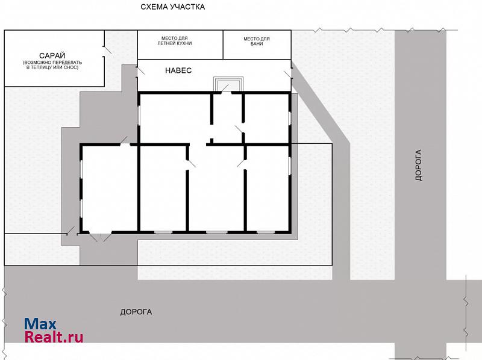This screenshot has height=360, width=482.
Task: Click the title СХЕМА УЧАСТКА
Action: (172, 7)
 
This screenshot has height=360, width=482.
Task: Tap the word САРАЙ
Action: (52, 55)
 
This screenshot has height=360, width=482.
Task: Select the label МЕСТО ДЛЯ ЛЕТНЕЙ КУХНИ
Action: (175, 41)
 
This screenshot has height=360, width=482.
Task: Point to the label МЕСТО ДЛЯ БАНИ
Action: (257, 41)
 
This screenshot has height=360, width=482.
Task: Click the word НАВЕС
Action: (178, 70)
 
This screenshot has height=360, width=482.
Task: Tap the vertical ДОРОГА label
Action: (418, 166)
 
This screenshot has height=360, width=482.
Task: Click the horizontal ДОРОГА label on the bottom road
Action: (136, 312)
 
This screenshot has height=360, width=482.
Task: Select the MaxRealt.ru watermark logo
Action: (54, 331)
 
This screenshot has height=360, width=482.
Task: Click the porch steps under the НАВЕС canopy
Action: (228, 84)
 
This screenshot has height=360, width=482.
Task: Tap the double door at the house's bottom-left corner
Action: (100, 237)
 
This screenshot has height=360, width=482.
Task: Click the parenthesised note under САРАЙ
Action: (52, 65)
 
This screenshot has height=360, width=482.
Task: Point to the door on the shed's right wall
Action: (107, 51)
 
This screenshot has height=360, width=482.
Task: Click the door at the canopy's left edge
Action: (140, 70)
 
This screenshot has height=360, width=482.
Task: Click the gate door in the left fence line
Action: (70, 231)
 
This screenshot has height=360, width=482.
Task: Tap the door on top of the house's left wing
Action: (125, 141)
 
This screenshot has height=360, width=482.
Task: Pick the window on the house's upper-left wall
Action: (139, 115)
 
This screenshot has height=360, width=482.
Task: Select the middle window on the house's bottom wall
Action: (216, 232)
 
